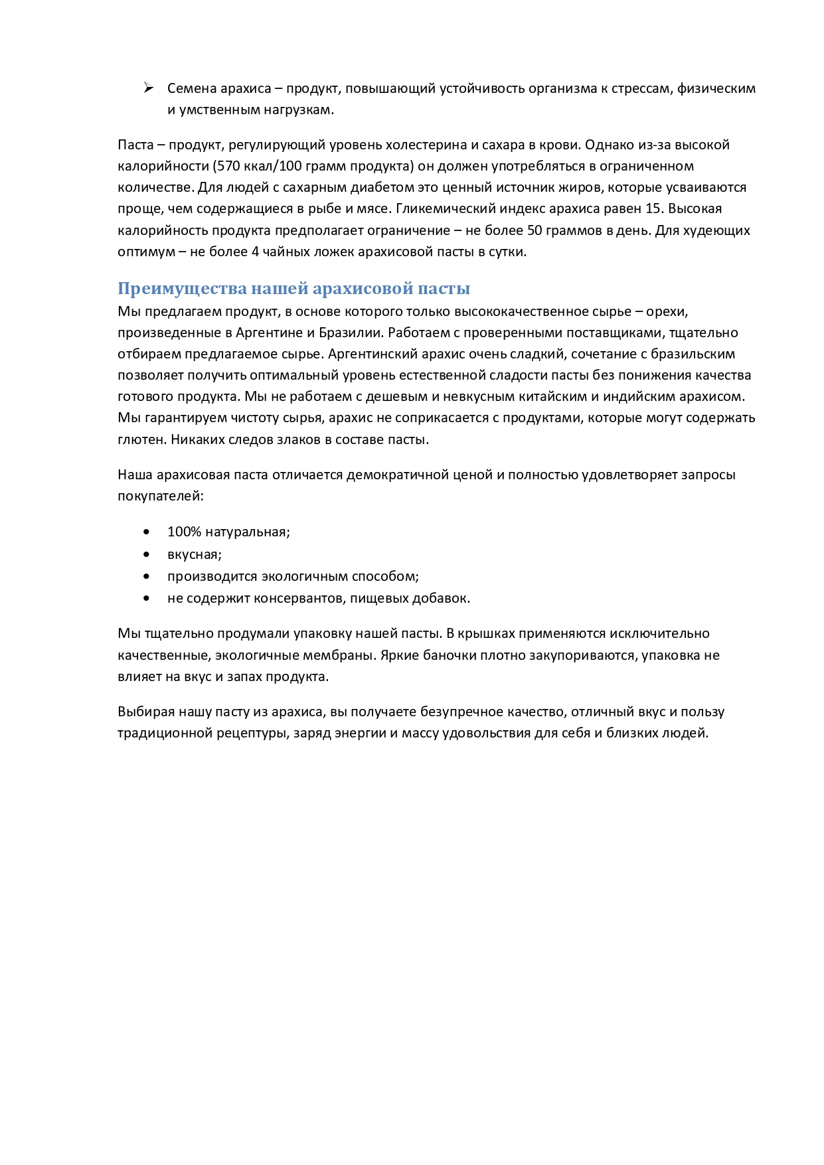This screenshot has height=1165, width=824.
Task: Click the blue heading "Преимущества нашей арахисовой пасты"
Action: [293, 289]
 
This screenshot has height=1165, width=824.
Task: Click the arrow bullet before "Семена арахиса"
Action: [149, 88]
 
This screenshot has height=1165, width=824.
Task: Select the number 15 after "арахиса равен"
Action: [653, 208]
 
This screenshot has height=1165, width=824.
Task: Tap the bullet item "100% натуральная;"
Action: [228, 532]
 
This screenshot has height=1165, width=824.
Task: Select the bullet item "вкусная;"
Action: [194, 554]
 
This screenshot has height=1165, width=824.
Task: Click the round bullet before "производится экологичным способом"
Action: [147, 576]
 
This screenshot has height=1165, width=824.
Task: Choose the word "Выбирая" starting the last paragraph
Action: [146, 712]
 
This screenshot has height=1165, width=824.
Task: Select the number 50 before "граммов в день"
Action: [535, 230]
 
